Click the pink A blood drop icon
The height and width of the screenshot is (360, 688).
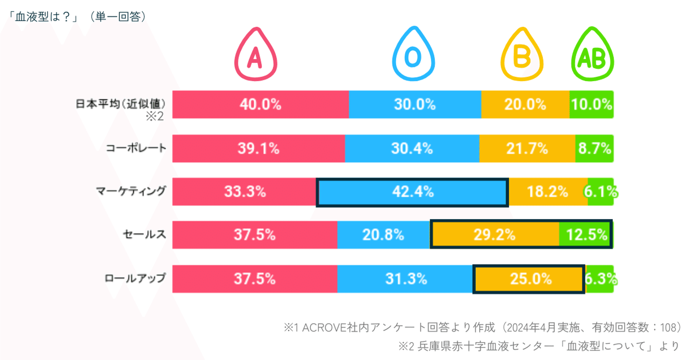click(256, 55)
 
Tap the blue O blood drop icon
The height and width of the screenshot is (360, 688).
click(413, 55)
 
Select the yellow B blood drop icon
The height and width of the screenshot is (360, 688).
click(522, 55)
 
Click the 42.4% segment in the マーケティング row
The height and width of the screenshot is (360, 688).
click(412, 192)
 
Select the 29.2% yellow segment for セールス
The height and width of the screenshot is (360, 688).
click(495, 234)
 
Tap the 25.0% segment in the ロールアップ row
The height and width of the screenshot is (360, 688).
click(529, 279)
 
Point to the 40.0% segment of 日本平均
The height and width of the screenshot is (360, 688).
click(260, 104)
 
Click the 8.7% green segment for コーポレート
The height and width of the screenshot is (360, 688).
click(594, 148)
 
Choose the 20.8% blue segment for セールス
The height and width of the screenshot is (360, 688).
click(384, 234)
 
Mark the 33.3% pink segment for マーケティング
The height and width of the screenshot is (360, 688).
click(244, 192)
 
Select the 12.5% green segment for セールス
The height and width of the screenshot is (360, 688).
click(586, 234)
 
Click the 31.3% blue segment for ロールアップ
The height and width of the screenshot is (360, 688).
click(405, 279)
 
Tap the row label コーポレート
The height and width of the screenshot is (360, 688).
click(136, 148)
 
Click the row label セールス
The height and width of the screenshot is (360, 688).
click(144, 234)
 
